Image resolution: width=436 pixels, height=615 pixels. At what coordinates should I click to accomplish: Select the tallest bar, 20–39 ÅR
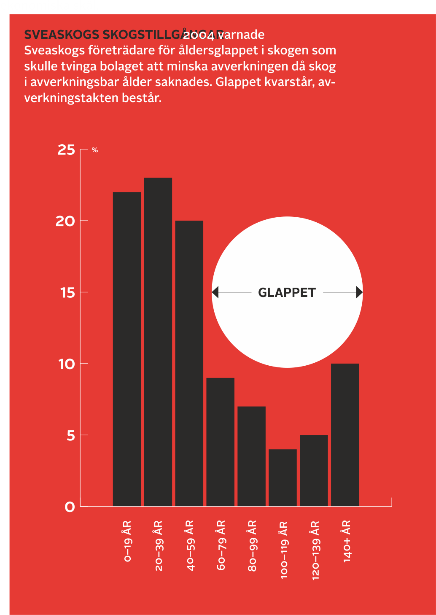pyautogui.click(x=158, y=342)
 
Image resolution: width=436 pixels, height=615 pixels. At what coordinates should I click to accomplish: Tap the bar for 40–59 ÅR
pyautogui.click(x=189, y=363)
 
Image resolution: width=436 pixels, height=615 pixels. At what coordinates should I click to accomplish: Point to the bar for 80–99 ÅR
pyautogui.click(x=252, y=456)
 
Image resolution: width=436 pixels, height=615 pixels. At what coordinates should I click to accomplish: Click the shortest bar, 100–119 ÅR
pyautogui.click(x=283, y=477)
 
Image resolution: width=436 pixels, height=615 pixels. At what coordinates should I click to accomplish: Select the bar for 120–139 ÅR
pyautogui.click(x=314, y=470)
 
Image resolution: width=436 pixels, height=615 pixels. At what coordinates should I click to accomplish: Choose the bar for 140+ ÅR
pyautogui.click(x=345, y=434)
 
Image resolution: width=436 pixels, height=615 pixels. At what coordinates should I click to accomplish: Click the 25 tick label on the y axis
pyautogui.click(x=66, y=150)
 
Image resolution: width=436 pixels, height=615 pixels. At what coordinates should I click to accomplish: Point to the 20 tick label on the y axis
pyautogui.click(x=65, y=221)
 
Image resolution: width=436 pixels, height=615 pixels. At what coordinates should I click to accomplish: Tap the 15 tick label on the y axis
pyautogui.click(x=67, y=292)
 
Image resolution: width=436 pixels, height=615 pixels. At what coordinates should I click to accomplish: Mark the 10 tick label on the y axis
pyautogui.click(x=67, y=364)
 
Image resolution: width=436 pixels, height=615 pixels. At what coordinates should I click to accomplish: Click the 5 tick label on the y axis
pyautogui.click(x=71, y=435)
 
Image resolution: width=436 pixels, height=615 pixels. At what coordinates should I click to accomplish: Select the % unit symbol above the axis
pyautogui.click(x=95, y=150)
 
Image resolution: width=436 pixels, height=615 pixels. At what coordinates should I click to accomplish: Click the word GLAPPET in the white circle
pyautogui.click(x=287, y=292)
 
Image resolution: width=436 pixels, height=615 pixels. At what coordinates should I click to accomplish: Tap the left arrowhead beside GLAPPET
pyautogui.click(x=215, y=292)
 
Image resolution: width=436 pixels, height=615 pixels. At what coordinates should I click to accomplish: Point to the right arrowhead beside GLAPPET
pyautogui.click(x=359, y=292)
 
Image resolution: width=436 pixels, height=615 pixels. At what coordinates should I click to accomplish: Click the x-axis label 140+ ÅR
pyautogui.click(x=347, y=541)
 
